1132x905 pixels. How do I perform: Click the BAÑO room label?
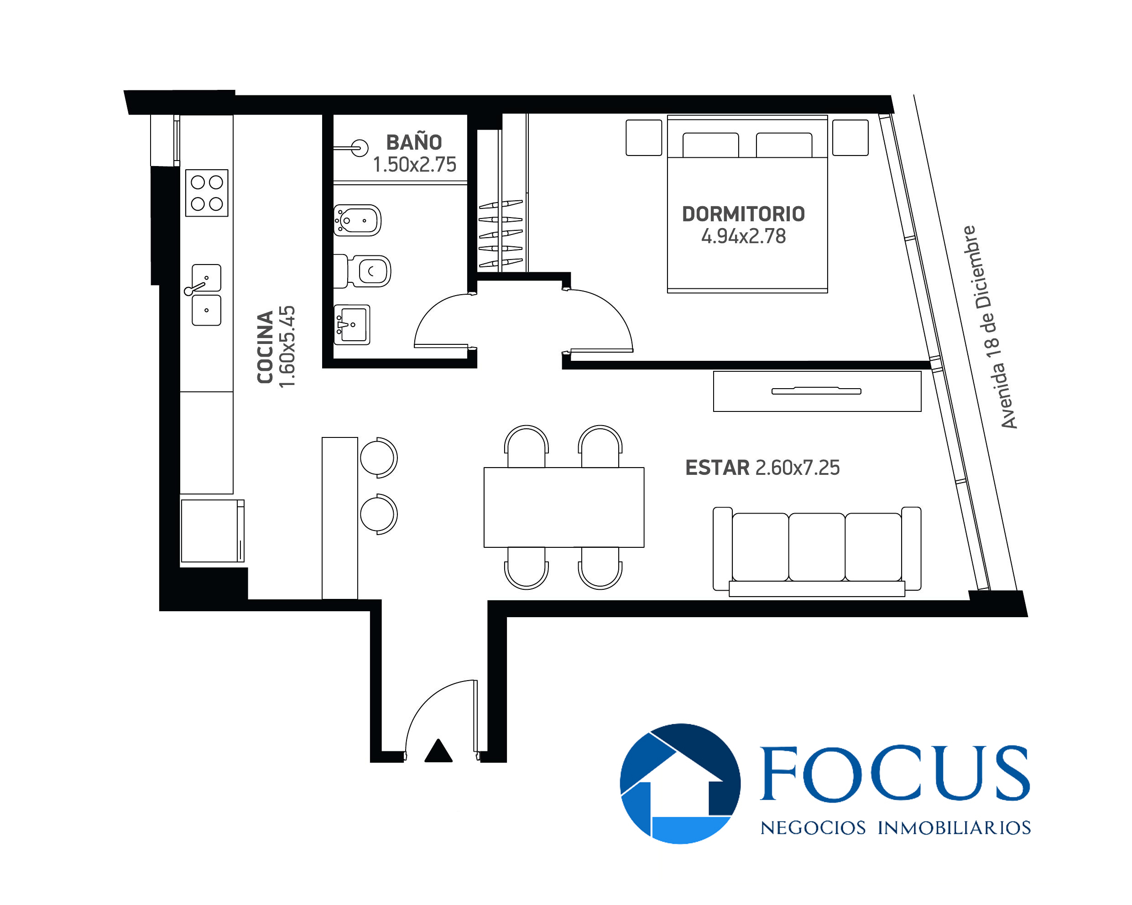414,142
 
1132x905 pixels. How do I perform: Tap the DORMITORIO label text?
743,214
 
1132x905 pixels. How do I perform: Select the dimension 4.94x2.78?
743,236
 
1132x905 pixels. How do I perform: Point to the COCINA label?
265,347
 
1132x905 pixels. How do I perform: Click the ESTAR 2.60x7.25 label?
762,468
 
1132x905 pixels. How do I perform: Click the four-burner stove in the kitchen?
207,192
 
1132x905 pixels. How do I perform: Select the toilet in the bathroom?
362,271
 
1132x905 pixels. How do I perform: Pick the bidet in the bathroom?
357,220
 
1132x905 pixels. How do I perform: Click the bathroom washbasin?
352,324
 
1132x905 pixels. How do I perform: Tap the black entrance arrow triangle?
438,751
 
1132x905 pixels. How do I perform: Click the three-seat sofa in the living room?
816,551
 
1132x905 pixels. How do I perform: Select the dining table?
564,507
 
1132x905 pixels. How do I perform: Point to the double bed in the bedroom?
747,204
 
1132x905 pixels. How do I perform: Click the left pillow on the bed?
710,145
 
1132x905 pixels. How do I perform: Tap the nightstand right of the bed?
850,138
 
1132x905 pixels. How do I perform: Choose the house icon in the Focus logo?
680,784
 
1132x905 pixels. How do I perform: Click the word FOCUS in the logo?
895,774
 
